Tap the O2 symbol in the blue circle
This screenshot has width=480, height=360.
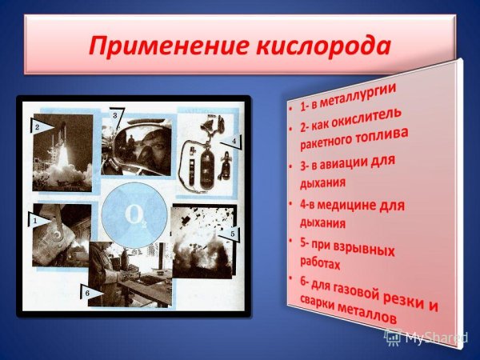pyautogui.click(x=134, y=216)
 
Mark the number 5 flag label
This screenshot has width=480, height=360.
pyautogui.click(x=232, y=234)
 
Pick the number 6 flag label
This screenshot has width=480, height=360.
pyautogui.click(x=90, y=294)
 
